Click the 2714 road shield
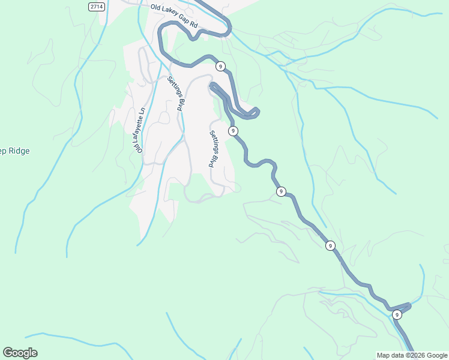pos(95,6)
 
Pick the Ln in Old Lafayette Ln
pos(142,112)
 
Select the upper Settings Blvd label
pos(175,94)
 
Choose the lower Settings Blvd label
pos(212,149)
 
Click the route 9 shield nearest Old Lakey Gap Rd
pos(221,66)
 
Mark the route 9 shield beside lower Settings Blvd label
pos(233,131)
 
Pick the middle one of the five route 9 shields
pos(281,191)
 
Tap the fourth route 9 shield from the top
pos(330,245)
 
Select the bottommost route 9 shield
pos(397,314)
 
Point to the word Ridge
pos(15,151)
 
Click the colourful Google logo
pos(20,353)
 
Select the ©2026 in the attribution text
pos(416,355)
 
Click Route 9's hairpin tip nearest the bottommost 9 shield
pos(409,305)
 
